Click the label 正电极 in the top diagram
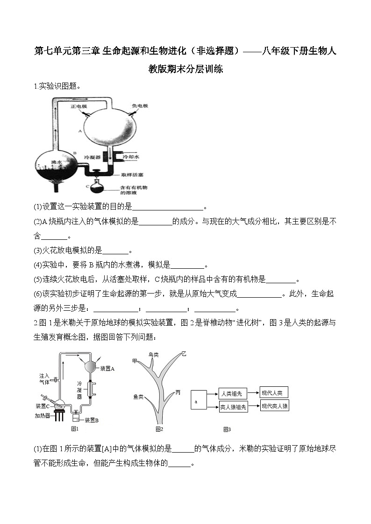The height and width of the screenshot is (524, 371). [x=78, y=106]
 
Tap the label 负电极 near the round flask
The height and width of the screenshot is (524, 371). [x=140, y=106]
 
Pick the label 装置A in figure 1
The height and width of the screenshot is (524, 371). [x=107, y=368]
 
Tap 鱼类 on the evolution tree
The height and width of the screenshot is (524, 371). [x=138, y=397]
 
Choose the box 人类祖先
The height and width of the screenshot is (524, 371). [x=233, y=393]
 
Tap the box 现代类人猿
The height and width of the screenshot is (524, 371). [x=275, y=406]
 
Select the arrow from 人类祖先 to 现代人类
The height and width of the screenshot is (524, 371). [x=253, y=393]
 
